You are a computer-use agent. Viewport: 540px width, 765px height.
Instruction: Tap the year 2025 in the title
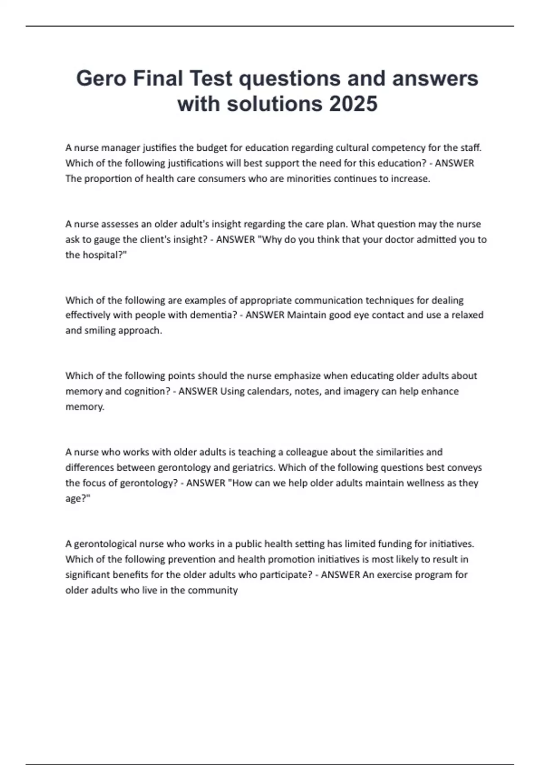click(x=353, y=103)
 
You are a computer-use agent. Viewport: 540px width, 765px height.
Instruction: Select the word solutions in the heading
click(x=274, y=103)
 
